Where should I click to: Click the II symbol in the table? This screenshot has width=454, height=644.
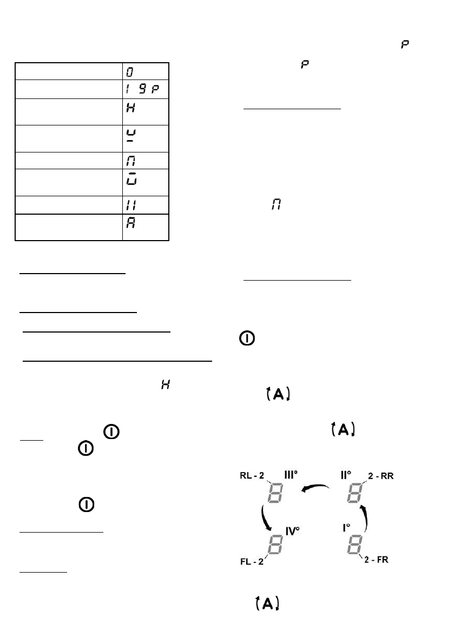click(x=130, y=204)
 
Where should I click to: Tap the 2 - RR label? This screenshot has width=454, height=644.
click(x=378, y=476)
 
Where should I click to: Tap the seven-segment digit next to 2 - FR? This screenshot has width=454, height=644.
click(x=354, y=547)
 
